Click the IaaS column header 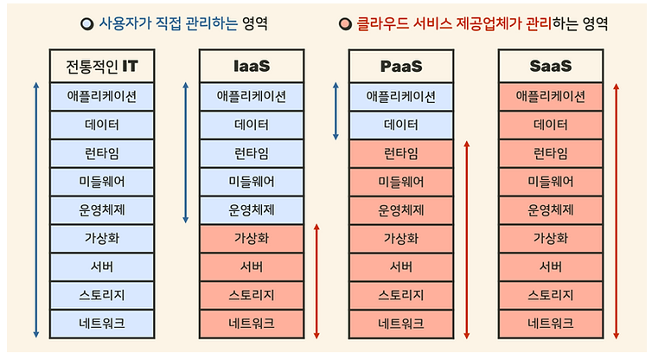tap(252, 66)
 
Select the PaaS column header tap(401, 66)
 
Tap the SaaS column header tap(551, 66)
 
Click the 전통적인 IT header tap(102, 66)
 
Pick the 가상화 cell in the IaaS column tap(252, 238)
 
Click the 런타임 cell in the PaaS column tap(401, 153)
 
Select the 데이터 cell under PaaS tap(401, 125)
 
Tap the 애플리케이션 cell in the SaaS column tap(551, 96)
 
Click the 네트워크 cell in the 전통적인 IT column tap(102, 324)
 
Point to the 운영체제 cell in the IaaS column tap(252, 209)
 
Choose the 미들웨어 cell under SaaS tap(551, 181)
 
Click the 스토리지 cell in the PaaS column tap(401, 295)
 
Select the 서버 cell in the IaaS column tap(252, 267)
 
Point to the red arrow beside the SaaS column tap(615, 210)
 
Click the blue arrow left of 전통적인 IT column tap(36, 210)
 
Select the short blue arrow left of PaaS tap(336, 111)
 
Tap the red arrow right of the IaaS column tap(316, 281)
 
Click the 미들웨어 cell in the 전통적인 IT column tap(102, 181)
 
